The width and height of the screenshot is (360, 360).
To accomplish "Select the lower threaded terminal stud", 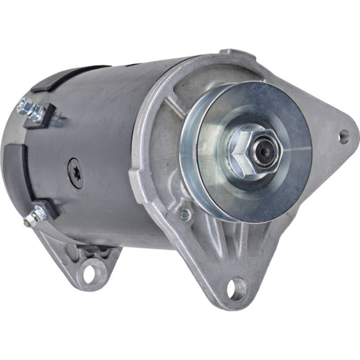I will click(x=32, y=216).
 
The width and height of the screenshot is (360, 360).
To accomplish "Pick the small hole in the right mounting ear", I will click(x=344, y=136).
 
